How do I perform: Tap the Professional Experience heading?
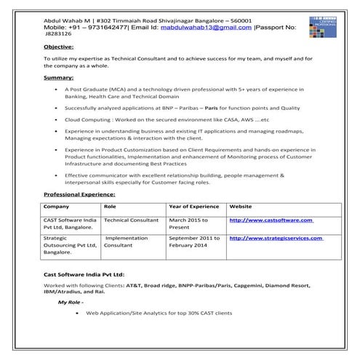[x=79, y=195]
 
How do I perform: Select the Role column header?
[x=110, y=207]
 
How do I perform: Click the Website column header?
[x=241, y=207]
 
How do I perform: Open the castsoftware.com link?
[x=271, y=220]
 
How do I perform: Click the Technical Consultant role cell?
[x=131, y=220]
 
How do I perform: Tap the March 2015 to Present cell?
[x=188, y=223]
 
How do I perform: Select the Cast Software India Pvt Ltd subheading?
[x=84, y=276]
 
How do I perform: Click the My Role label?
[x=71, y=301]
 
